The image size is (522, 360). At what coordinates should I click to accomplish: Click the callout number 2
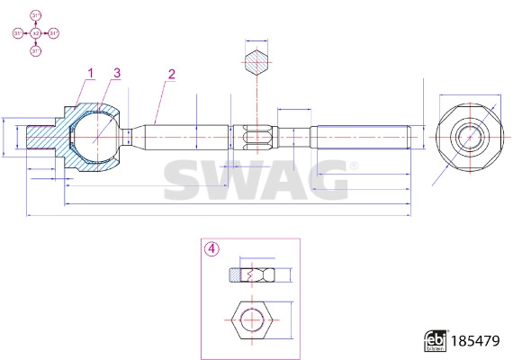(171, 74)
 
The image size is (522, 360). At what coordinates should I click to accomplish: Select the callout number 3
(117, 72)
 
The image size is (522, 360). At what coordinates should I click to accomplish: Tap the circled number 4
(211, 249)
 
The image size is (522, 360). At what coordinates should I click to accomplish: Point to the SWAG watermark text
(256, 179)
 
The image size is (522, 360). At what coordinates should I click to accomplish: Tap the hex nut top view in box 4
(252, 319)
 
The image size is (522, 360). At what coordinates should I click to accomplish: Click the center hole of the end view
(467, 138)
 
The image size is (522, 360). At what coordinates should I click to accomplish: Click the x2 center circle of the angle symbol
(35, 33)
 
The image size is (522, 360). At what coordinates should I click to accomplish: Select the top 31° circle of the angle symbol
(35, 16)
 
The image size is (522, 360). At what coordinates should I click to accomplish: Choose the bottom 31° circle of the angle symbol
(35, 51)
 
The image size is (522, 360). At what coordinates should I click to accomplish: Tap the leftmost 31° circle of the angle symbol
(17, 33)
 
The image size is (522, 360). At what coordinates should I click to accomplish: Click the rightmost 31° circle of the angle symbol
(53, 33)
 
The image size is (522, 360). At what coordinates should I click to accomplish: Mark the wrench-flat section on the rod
(257, 138)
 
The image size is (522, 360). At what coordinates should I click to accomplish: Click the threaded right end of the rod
(360, 138)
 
